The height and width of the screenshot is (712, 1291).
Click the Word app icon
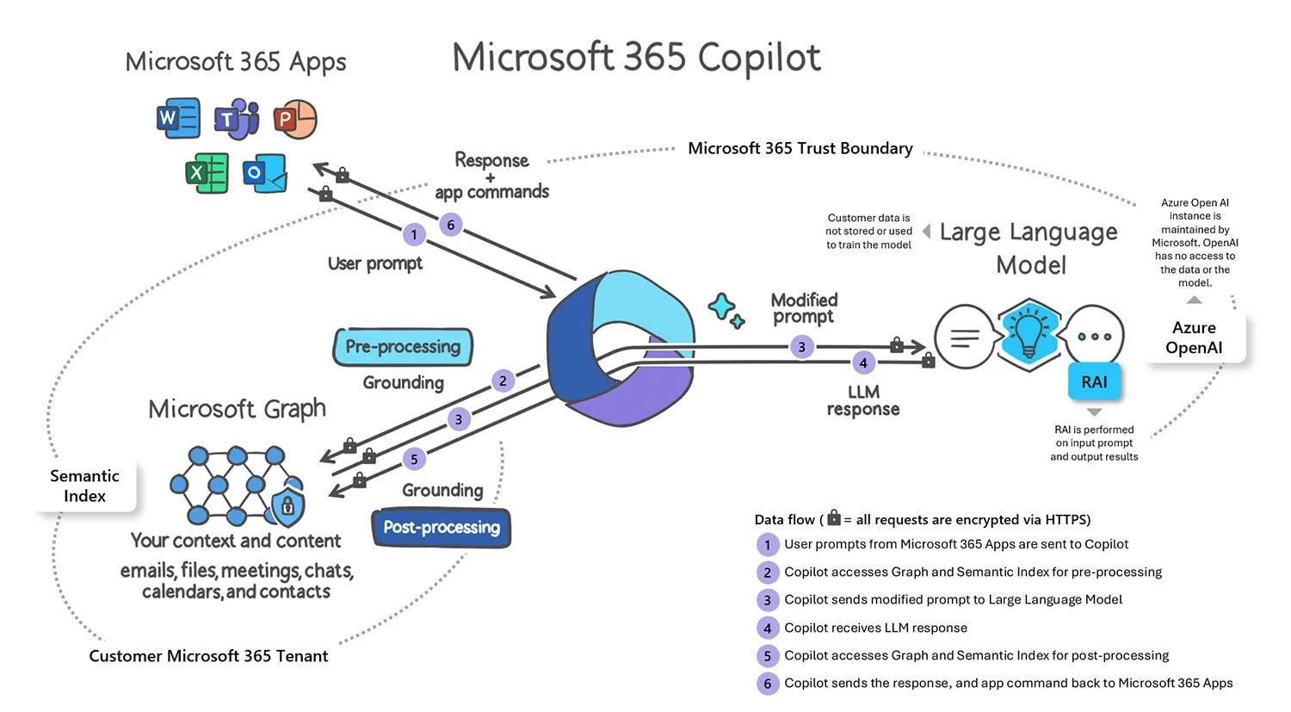pos(178,119)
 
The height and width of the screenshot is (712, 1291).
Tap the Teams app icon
pos(236,119)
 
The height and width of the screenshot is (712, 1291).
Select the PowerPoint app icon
pos(295,119)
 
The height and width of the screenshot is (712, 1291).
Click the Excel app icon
pos(207,173)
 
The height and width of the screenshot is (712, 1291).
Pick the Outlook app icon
pos(264,173)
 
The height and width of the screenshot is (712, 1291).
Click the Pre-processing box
pos(403,347)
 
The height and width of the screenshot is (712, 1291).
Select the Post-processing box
pos(442,528)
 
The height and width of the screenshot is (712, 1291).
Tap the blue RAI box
pos(1094,382)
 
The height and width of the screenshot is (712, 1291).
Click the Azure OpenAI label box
pos(1194,337)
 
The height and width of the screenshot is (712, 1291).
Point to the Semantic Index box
pos(84,486)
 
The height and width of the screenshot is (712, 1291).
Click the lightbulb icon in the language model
pos(1028,334)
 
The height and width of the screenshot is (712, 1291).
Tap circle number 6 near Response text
pos(451,226)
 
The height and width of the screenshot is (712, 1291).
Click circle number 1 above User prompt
pos(414,235)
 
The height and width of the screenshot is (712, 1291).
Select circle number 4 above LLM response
pos(863,363)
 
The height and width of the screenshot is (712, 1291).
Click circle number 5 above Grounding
pos(414,460)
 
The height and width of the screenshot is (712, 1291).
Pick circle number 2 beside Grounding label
pos(503,381)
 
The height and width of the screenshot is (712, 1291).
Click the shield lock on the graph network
pos(287,507)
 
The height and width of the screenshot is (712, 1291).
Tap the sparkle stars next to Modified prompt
pos(726,310)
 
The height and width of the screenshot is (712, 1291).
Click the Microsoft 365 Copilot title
pos(636,58)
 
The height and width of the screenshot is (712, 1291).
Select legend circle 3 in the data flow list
pos(767,600)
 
